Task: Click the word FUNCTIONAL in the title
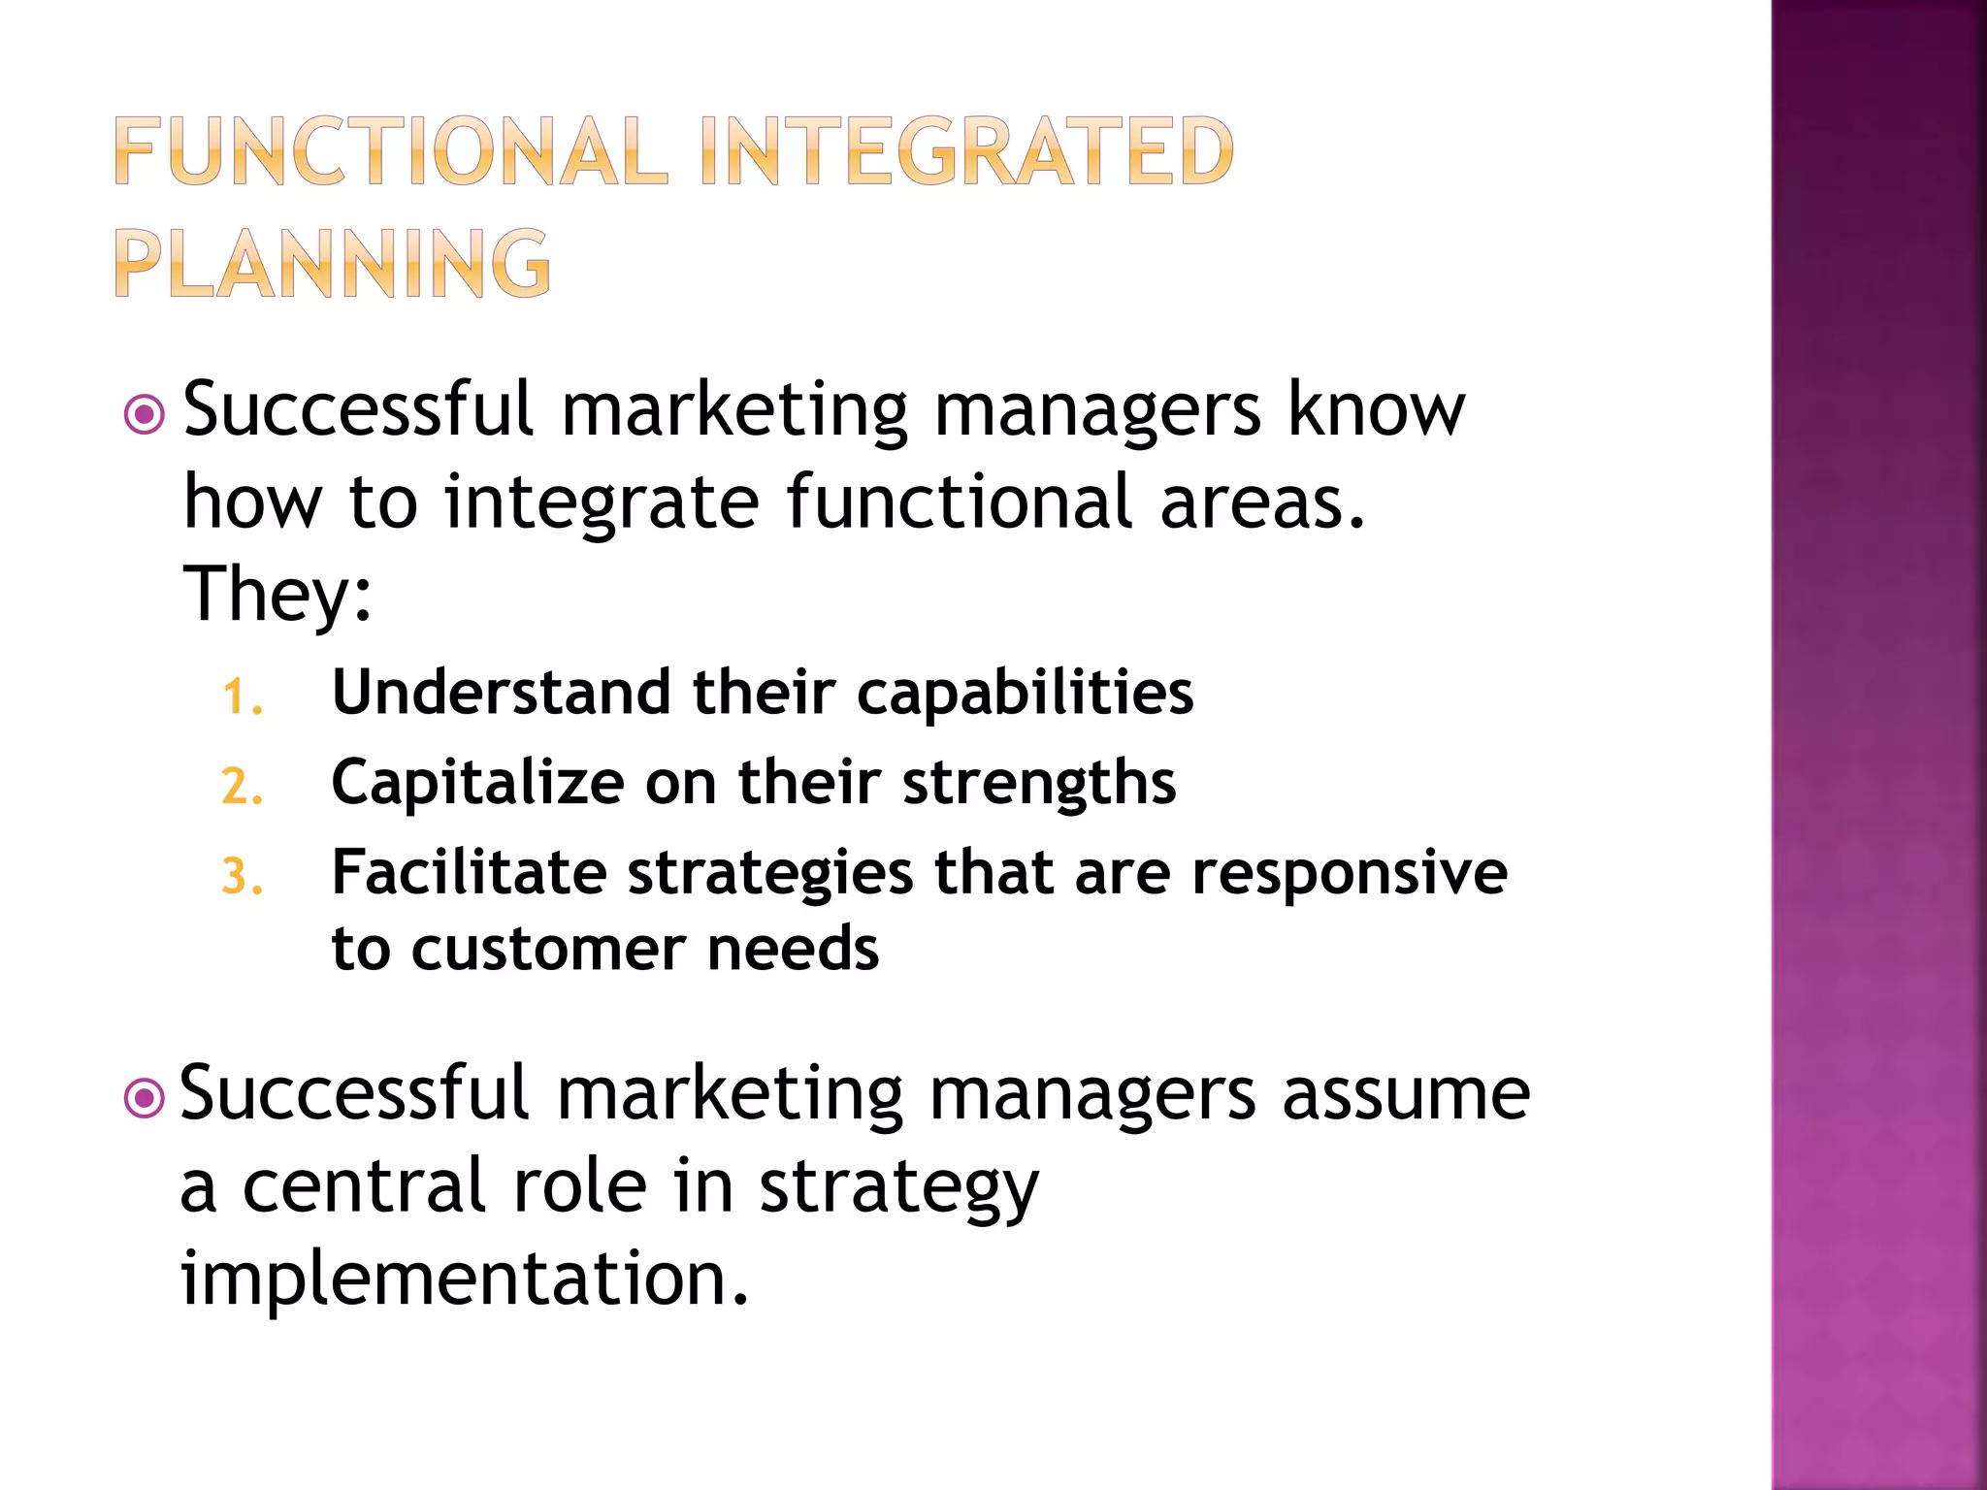(391, 151)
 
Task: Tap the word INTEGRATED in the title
(965, 151)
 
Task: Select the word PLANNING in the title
(333, 263)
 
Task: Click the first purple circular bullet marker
(145, 415)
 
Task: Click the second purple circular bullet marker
(145, 1099)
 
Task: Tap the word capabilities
(1025, 695)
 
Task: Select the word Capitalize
(477, 782)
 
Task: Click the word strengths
(1039, 784)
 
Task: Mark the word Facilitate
(469, 871)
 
